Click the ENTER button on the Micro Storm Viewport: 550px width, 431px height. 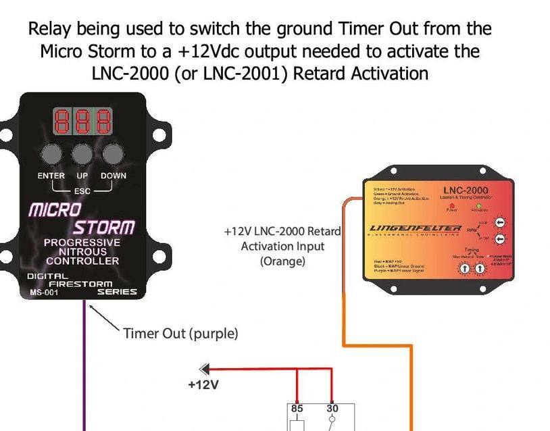51,154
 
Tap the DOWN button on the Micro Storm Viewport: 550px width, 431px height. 113,154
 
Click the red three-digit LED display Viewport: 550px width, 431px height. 82,122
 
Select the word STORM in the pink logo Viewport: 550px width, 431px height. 104,228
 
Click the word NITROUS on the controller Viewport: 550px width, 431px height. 82,251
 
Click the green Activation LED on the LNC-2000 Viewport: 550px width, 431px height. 478,207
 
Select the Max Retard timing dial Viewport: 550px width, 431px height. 465,269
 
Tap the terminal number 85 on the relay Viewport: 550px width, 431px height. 297,408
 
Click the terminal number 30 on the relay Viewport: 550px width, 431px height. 332,408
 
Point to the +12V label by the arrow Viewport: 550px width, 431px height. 203,385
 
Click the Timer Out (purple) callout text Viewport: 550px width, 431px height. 180,333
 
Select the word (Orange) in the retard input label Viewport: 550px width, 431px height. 282,261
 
